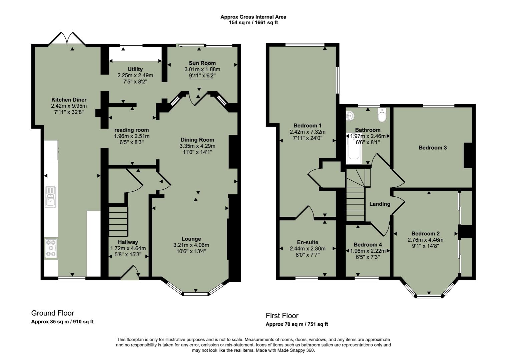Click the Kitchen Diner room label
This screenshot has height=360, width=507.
tap(69, 100)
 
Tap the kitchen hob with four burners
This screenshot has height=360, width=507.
tap(51, 248)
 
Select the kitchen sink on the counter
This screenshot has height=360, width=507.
tap(51, 196)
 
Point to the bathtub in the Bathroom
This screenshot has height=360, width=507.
tap(354, 149)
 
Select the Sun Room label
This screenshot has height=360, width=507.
tap(202, 63)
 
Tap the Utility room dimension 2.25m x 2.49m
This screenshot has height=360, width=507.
tap(135, 75)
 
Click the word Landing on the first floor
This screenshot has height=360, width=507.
tap(380, 204)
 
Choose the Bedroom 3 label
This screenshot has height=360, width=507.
tap(433, 148)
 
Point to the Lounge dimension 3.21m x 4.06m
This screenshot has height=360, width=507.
tap(191, 245)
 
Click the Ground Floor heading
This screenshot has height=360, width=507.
tap(52, 313)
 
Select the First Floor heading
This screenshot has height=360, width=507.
tap(282, 316)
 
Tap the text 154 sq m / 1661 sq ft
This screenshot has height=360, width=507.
tap(253, 23)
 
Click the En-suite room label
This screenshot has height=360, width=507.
tap(308, 242)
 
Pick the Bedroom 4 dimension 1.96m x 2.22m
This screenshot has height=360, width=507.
tap(368, 251)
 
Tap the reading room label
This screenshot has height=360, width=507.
tap(131, 130)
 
